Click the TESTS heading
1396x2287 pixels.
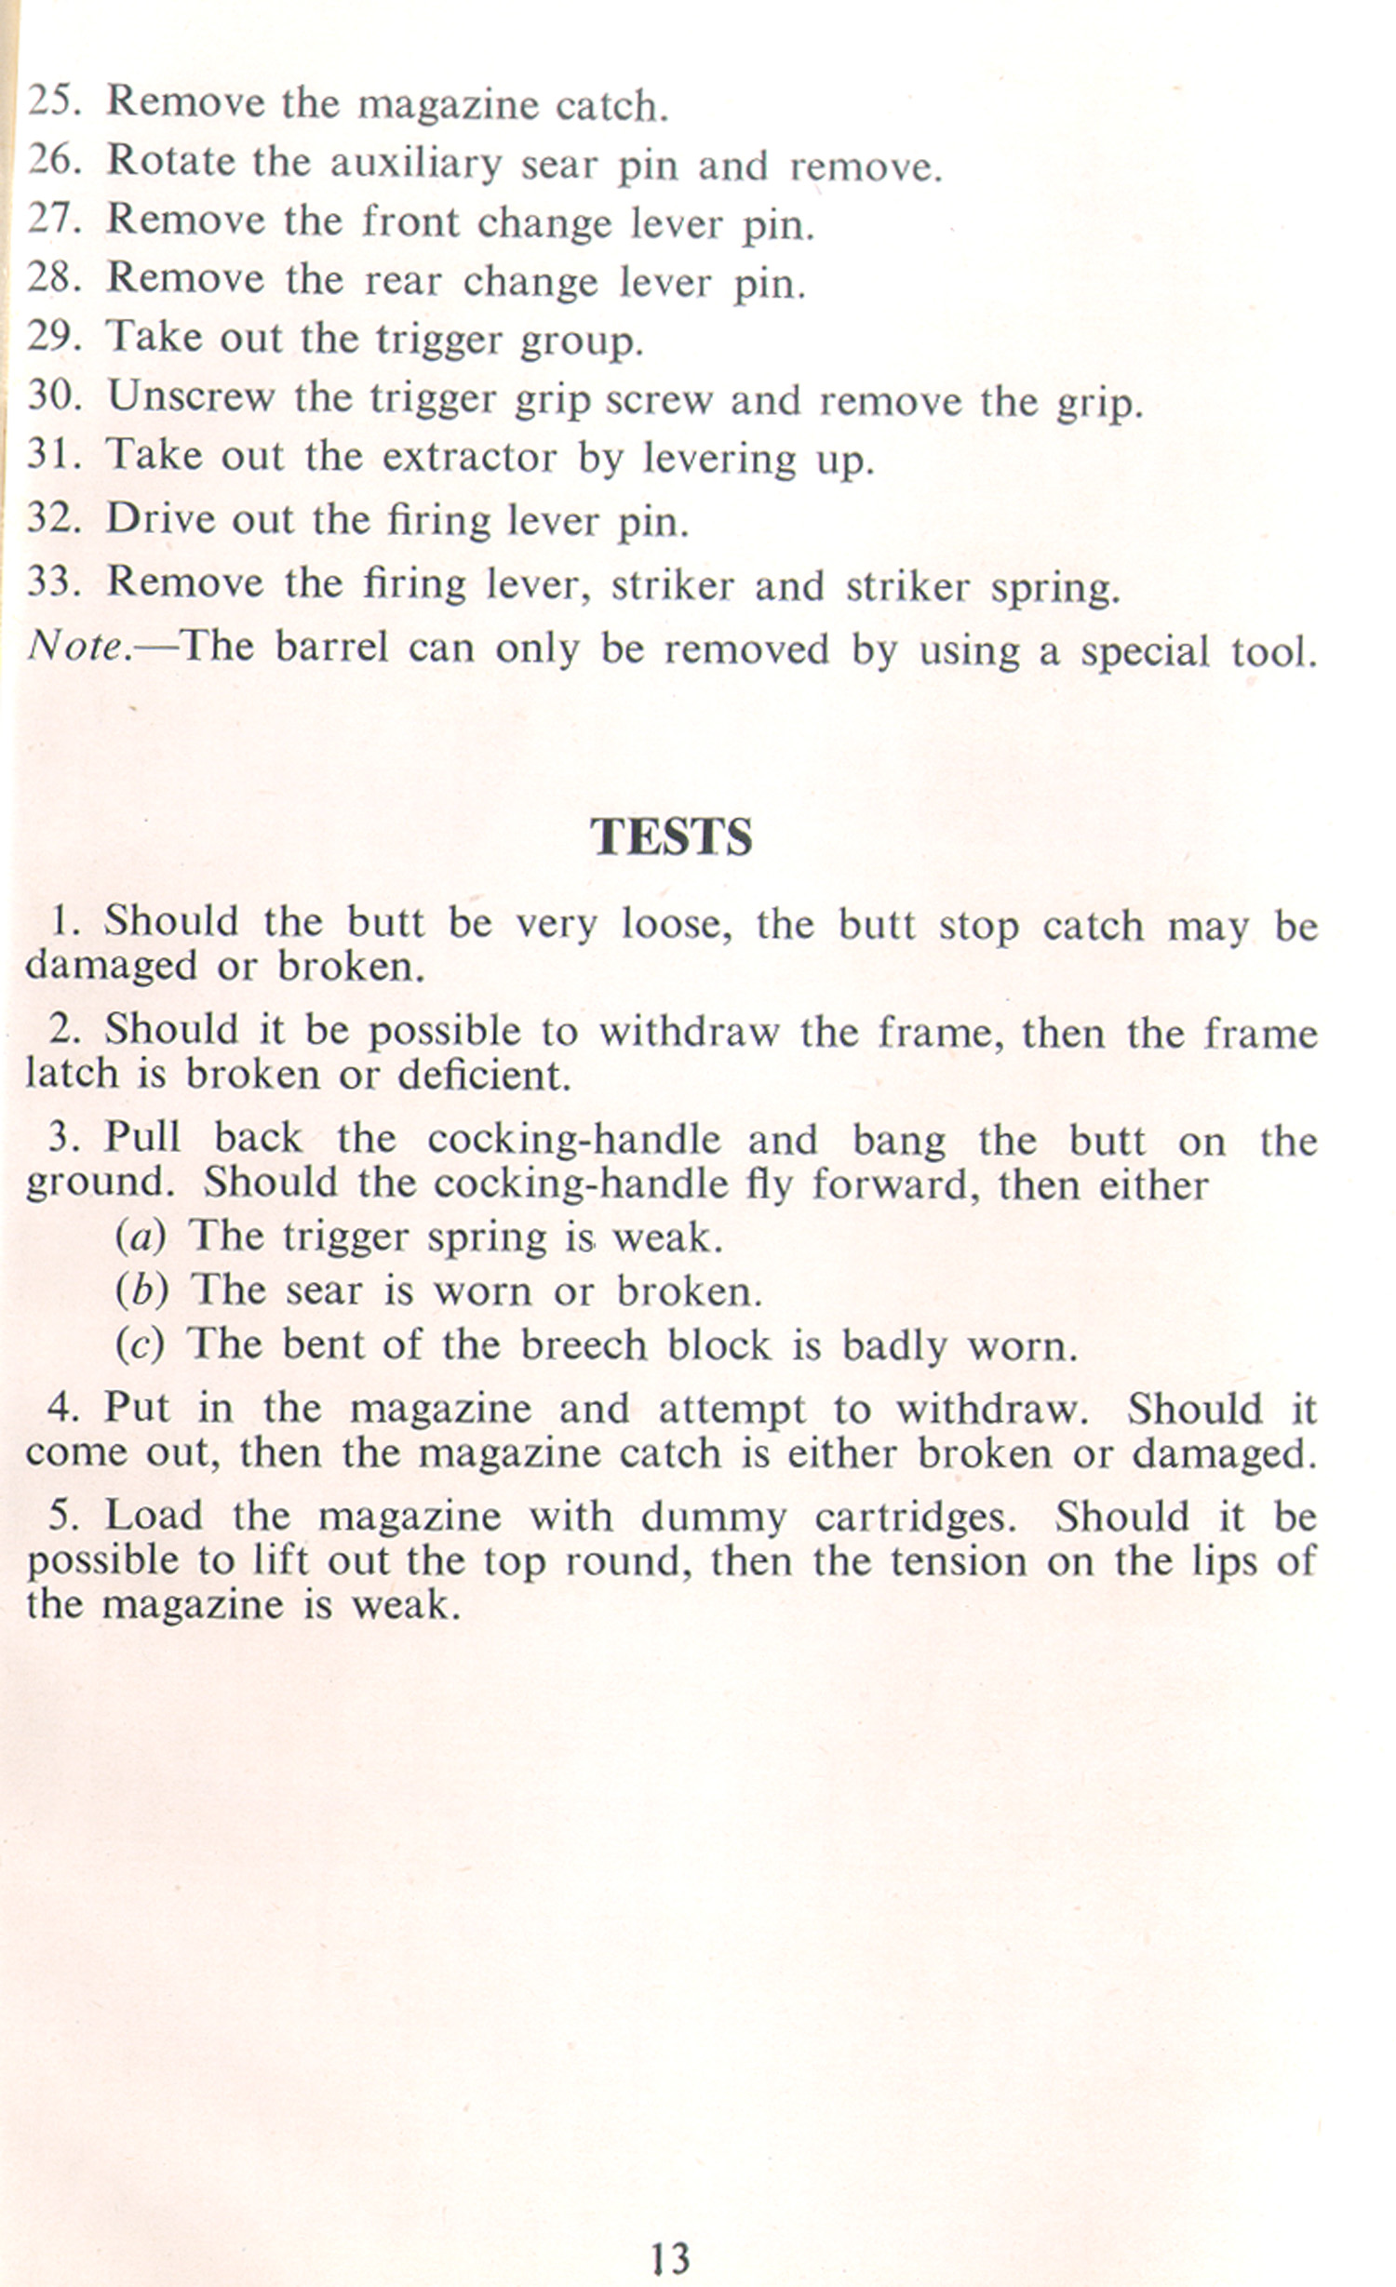point(671,836)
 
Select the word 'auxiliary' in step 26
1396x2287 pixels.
point(416,165)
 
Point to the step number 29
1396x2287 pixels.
point(53,337)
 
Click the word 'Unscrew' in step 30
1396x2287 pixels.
point(191,397)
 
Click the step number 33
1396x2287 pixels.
point(53,582)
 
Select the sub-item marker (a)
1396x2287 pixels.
point(141,1237)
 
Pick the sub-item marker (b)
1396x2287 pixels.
point(141,1291)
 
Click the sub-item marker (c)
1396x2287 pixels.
point(140,1345)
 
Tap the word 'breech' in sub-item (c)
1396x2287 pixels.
point(583,1345)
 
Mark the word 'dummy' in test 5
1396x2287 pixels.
point(713,1518)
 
